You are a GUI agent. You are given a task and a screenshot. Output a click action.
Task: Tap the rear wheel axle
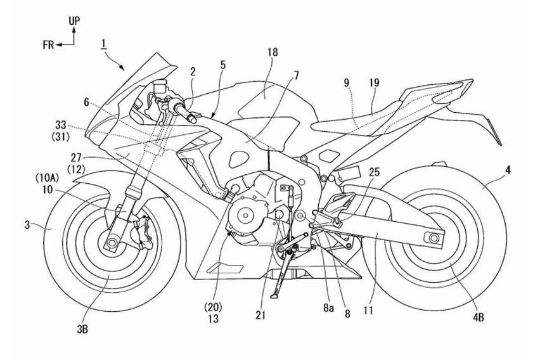point(434,238)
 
